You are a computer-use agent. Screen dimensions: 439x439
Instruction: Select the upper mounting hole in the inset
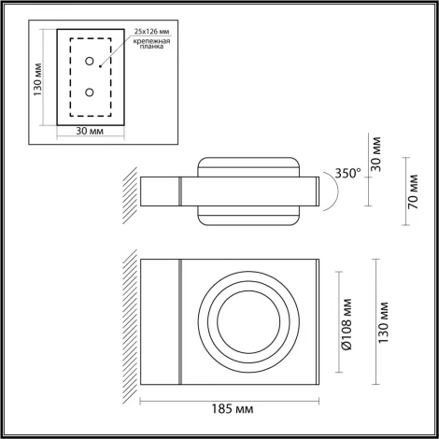click(91, 62)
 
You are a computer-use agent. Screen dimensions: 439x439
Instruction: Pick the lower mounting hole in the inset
click(91, 92)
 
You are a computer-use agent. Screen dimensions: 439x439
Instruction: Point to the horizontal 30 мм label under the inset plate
click(91, 132)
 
